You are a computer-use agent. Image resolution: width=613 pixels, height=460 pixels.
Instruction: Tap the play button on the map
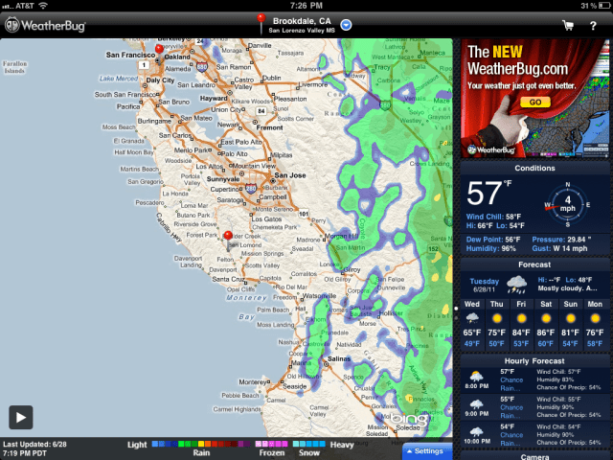[21, 417]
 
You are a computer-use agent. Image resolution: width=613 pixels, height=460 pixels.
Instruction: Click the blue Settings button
[425, 450]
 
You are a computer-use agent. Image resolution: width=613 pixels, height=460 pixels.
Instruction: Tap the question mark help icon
[594, 25]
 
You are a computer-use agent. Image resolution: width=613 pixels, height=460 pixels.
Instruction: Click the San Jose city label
[289, 175]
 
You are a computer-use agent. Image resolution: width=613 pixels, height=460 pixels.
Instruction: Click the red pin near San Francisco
[159, 49]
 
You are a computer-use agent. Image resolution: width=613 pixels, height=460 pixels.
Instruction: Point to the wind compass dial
[569, 201]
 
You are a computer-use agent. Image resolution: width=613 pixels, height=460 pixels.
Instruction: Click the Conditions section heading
[534, 169]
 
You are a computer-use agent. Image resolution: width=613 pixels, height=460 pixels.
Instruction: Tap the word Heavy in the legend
[343, 444]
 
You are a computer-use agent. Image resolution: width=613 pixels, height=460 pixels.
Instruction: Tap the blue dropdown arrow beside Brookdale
[347, 24]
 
